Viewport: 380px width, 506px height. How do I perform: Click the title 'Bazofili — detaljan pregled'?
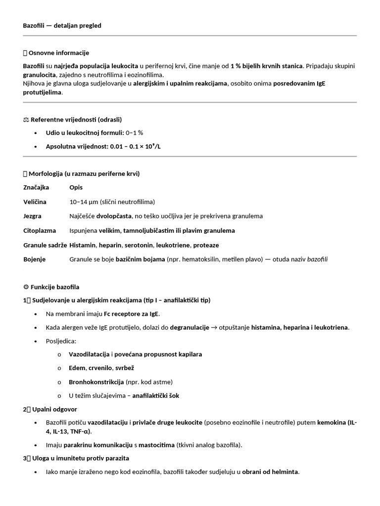click(x=62, y=26)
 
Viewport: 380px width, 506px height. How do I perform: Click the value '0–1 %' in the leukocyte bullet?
click(x=135, y=133)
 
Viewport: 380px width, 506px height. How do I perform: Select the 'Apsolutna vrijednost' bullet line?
click(x=99, y=147)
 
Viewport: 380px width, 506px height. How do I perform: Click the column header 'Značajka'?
click(x=36, y=188)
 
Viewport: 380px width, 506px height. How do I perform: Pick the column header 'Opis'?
click(x=76, y=188)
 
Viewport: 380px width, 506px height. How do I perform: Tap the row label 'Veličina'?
click(x=35, y=202)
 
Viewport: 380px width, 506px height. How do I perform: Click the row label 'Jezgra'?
click(x=32, y=216)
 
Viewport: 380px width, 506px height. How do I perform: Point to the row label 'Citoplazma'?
click(x=40, y=231)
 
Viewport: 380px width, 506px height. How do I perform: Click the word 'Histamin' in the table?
click(x=83, y=245)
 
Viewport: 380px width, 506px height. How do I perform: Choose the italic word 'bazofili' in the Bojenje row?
click(x=317, y=259)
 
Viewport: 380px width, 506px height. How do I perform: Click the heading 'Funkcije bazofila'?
click(x=54, y=287)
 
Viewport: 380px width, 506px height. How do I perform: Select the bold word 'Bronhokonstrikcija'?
click(x=96, y=382)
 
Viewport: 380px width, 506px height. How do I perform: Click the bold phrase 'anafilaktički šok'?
click(x=156, y=396)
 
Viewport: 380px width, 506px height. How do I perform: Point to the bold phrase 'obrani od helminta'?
click(x=270, y=472)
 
